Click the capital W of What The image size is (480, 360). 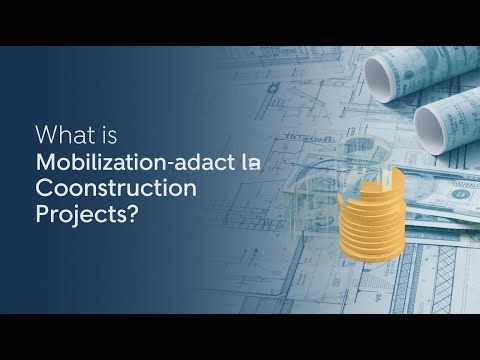click(44, 134)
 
